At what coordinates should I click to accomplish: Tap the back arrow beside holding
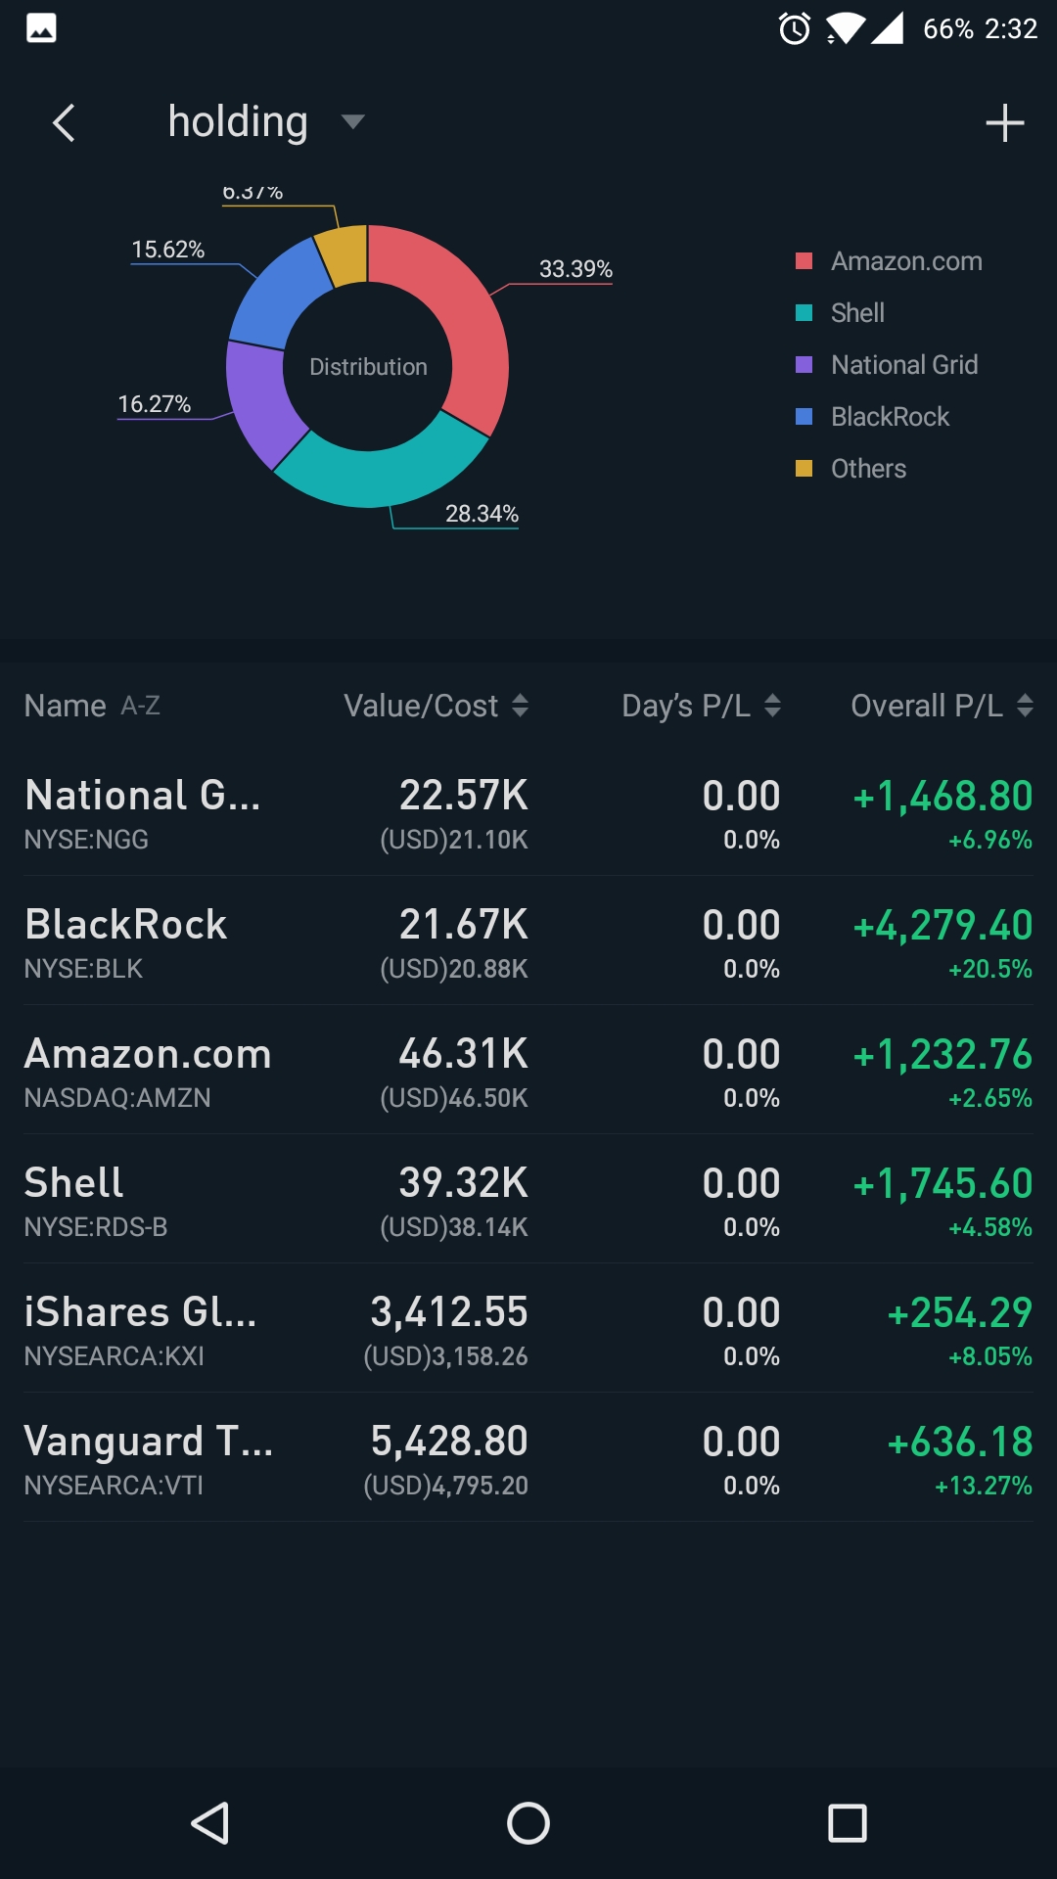point(64,123)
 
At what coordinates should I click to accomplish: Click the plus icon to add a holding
point(1004,123)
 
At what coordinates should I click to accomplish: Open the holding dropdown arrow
point(352,121)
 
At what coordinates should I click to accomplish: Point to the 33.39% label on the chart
point(575,269)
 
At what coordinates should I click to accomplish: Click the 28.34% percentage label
point(482,514)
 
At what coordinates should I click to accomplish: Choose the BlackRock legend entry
point(890,417)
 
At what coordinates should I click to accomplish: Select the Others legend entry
point(868,469)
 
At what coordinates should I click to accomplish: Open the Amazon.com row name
point(148,1054)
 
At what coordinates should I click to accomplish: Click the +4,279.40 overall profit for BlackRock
point(942,925)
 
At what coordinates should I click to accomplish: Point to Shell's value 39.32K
point(463,1183)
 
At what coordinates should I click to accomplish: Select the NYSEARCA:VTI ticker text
point(114,1486)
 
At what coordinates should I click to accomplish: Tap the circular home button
point(528,1823)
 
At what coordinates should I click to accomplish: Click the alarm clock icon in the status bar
point(794,28)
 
